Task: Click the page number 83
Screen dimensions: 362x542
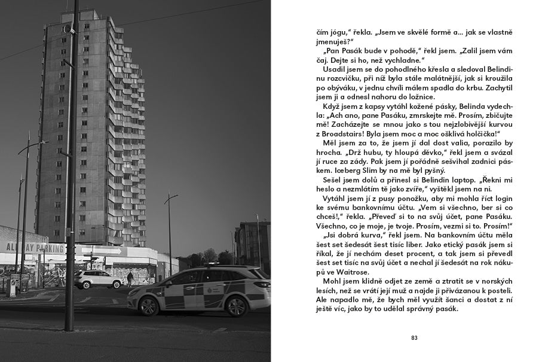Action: coord(414,337)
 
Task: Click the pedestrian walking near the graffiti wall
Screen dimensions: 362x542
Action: coord(130,278)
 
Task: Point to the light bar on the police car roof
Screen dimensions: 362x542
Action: coord(215,265)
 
